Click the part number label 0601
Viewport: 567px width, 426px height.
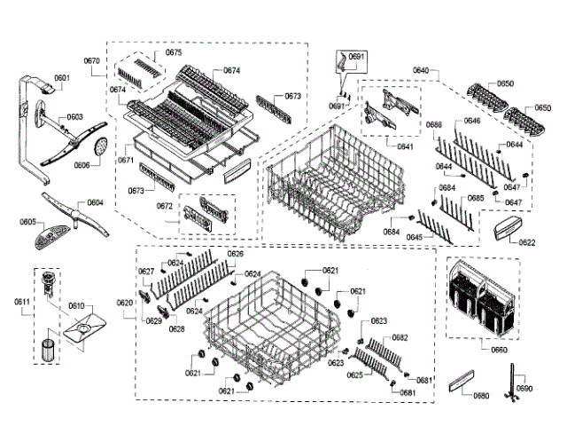point(62,79)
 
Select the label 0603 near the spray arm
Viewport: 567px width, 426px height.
point(74,117)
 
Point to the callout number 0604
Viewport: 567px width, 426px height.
point(95,203)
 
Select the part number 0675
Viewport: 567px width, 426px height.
point(174,53)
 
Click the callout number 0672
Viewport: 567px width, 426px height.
point(165,206)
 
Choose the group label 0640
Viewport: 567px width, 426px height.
point(421,70)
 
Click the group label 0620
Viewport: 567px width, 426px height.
point(125,303)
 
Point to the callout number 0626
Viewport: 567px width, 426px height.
point(236,254)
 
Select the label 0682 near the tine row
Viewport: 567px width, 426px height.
point(400,337)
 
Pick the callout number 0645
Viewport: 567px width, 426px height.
point(414,237)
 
